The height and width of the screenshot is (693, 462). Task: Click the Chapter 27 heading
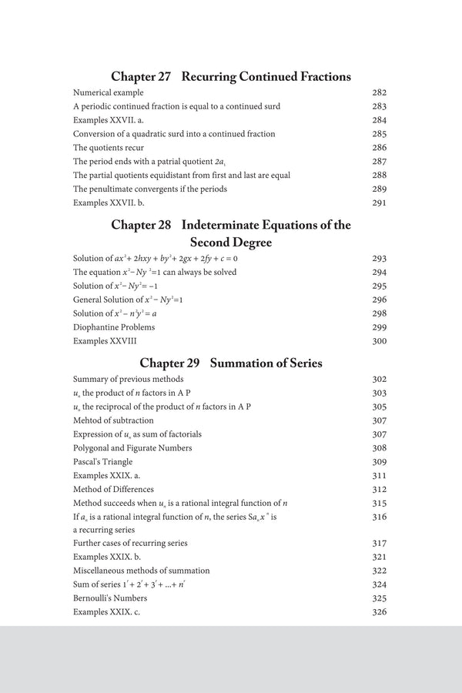click(231, 76)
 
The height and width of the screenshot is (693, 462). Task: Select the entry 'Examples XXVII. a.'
click(107, 120)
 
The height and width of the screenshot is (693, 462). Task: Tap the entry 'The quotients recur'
click(109, 147)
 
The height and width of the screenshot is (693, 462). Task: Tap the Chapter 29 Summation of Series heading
click(231, 363)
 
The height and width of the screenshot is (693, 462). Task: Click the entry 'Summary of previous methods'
click(128, 379)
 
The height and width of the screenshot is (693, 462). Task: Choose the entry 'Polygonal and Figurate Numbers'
click(132, 448)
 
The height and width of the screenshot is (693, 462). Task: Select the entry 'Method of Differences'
click(113, 489)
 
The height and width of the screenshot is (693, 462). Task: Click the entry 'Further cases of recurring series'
click(130, 543)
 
